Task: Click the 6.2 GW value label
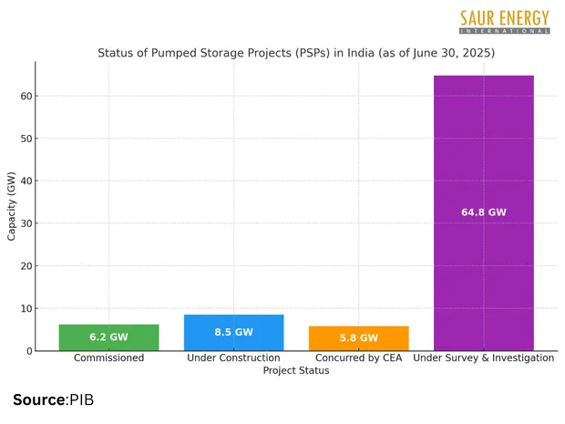[x=108, y=337]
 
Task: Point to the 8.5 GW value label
[x=233, y=332]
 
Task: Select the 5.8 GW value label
[x=358, y=338]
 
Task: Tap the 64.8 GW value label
[x=483, y=212]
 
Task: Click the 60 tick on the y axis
[x=26, y=96]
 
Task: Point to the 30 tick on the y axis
[x=26, y=223]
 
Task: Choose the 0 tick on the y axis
[x=29, y=351]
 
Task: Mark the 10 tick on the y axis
[x=26, y=308]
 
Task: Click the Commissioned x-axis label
[x=108, y=358]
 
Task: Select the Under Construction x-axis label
[x=233, y=358]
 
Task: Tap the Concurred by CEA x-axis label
[x=358, y=358]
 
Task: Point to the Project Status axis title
[x=296, y=371]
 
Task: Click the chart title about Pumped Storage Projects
[x=296, y=53]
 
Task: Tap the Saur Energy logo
[x=504, y=21]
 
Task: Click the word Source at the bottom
[x=39, y=399]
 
